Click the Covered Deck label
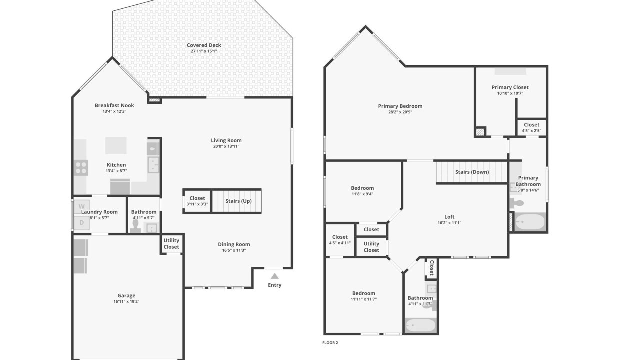pyautogui.click(x=204, y=45)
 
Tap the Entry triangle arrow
pyautogui.click(x=274, y=276)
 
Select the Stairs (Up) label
pyautogui.click(x=238, y=201)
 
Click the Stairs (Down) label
pyautogui.click(x=472, y=172)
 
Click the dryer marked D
pyautogui.click(x=81, y=223)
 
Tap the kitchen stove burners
pyautogui.click(x=81, y=167)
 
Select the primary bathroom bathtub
pyautogui.click(x=530, y=221)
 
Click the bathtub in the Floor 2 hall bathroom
pyautogui.click(x=420, y=326)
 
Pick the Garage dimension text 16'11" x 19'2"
pyautogui.click(x=126, y=302)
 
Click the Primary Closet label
pyautogui.click(x=510, y=87)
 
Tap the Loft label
pyautogui.click(x=449, y=217)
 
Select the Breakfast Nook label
pyautogui.click(x=114, y=105)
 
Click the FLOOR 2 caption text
pyautogui.click(x=330, y=343)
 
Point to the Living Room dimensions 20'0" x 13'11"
pyautogui.click(x=226, y=146)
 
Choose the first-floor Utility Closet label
pyautogui.click(x=171, y=244)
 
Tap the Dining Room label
pyautogui.click(x=234, y=244)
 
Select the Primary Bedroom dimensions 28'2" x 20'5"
pyautogui.click(x=400, y=112)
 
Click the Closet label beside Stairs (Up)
pyautogui.click(x=197, y=198)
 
